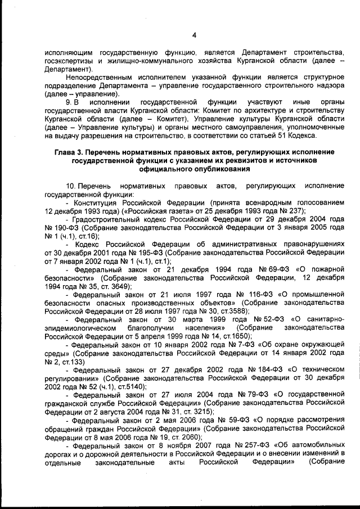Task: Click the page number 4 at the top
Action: pos(193,35)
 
